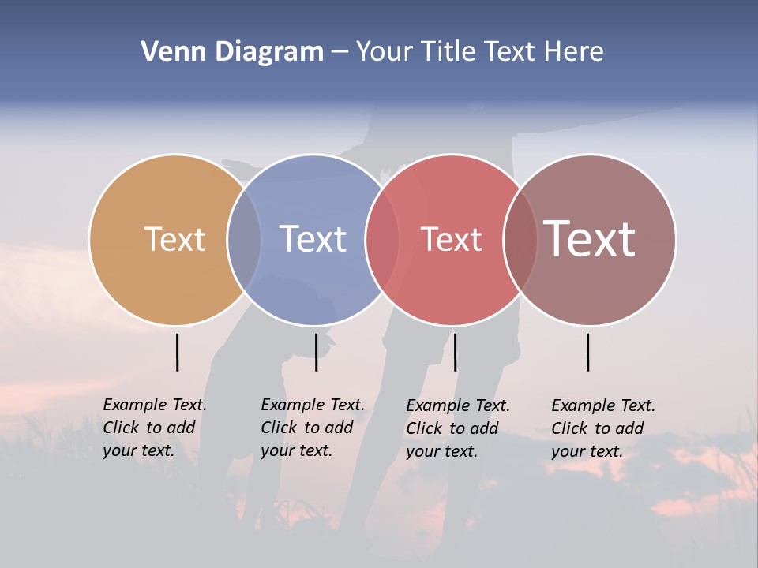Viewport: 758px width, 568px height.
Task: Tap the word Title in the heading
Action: [448, 52]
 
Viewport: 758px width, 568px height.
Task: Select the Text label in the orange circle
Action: [174, 239]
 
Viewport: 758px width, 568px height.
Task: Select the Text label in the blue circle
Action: [313, 239]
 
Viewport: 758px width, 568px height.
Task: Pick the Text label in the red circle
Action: [451, 240]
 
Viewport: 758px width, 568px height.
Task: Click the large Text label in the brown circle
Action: [590, 238]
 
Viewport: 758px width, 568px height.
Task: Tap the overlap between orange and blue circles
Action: [244, 239]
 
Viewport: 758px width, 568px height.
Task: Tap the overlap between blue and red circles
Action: [382, 239]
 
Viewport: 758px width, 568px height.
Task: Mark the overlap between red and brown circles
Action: [520, 239]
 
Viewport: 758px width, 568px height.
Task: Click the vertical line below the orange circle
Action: [177, 352]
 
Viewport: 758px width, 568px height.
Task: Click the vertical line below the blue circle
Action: [316, 352]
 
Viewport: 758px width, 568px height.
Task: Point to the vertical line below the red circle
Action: [455, 352]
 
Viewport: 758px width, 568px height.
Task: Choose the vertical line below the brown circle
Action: [587, 352]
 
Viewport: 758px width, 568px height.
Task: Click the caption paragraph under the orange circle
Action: [154, 428]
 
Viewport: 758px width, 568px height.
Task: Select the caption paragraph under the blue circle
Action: [312, 428]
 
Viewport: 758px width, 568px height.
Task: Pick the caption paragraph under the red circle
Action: [457, 428]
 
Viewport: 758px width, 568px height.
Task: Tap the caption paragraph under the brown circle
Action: [602, 428]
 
